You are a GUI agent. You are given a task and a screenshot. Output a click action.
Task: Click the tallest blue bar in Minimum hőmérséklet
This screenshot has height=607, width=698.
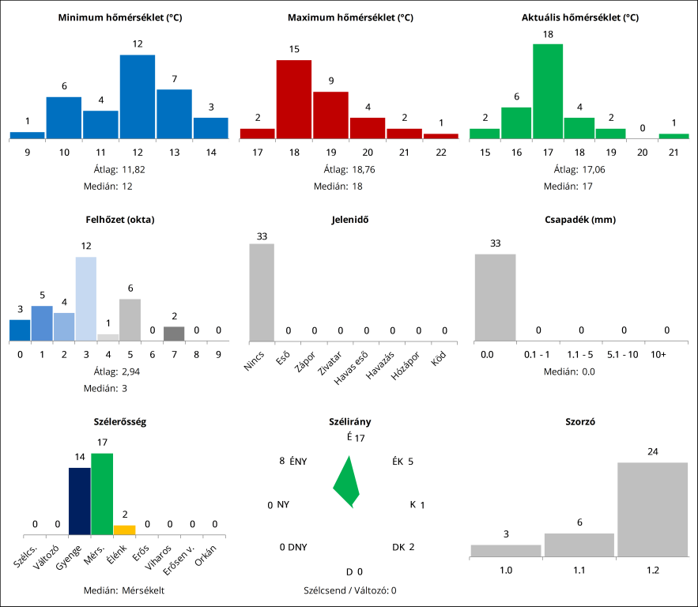tap(138, 96)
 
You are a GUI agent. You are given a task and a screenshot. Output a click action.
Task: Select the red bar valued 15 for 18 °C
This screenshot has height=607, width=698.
tap(294, 99)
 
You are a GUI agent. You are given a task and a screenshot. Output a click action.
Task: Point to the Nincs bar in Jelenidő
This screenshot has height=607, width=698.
tap(262, 292)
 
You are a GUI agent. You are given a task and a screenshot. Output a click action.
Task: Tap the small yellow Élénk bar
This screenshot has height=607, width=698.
tap(124, 530)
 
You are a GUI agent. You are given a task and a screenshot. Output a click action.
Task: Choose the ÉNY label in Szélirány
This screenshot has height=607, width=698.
tap(298, 462)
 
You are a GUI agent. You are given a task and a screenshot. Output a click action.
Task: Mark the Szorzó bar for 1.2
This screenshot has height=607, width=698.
tap(652, 509)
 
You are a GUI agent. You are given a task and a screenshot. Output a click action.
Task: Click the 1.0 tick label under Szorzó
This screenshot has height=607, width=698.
tap(506, 569)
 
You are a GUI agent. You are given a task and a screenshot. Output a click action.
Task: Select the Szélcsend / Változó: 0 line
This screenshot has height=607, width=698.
tap(349, 590)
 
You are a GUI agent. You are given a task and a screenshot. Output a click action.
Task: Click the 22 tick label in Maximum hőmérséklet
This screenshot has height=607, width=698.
tap(441, 151)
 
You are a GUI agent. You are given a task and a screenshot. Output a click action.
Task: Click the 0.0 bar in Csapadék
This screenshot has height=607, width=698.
tap(495, 297)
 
